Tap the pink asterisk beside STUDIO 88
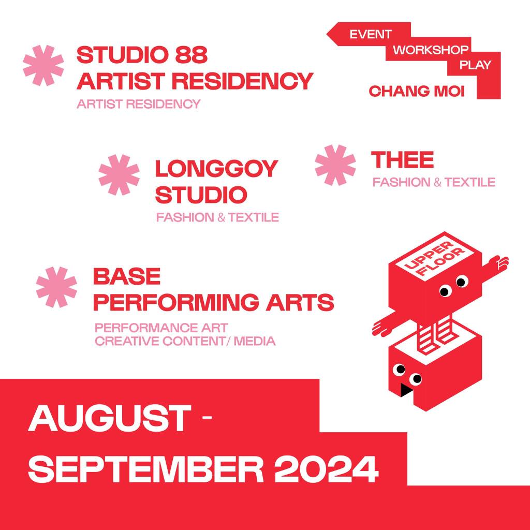click(x=43, y=65)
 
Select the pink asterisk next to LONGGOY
click(x=119, y=175)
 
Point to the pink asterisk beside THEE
click(x=335, y=165)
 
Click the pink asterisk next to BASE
click(x=56, y=287)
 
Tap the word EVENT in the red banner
click(x=370, y=34)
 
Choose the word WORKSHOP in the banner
click(x=430, y=50)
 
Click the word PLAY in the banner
click(x=475, y=65)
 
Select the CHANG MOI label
click(x=417, y=91)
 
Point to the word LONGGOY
click(x=216, y=169)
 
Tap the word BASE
click(x=127, y=276)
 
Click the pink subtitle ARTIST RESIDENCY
click(x=139, y=104)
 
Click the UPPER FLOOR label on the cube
click(x=435, y=259)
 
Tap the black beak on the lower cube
click(x=406, y=390)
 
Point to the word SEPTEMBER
click(x=146, y=469)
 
